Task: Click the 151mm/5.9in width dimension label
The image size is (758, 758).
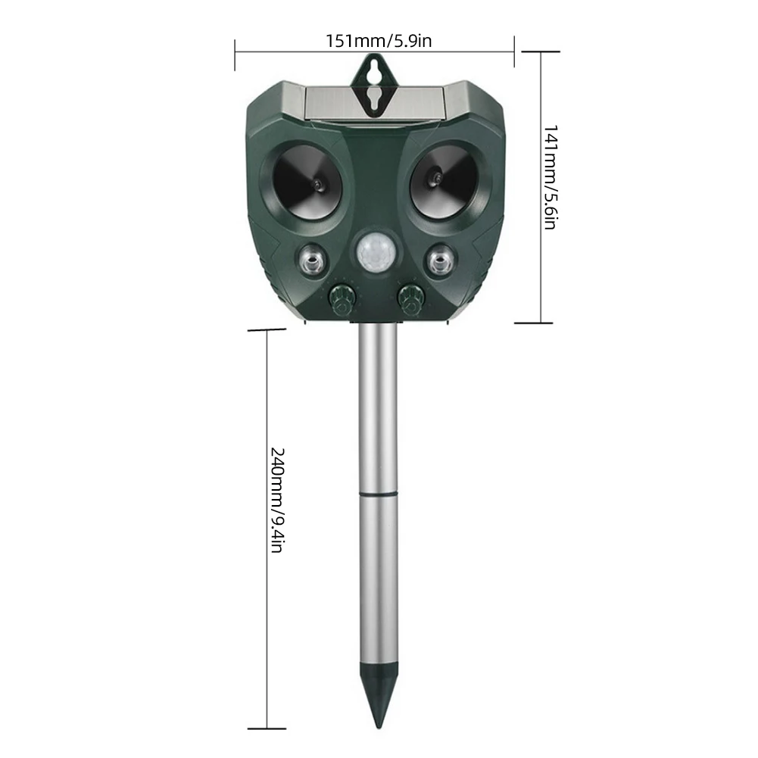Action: tap(379, 40)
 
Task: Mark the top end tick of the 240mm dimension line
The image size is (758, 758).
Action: tap(267, 330)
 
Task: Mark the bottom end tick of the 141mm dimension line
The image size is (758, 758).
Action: tap(539, 323)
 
